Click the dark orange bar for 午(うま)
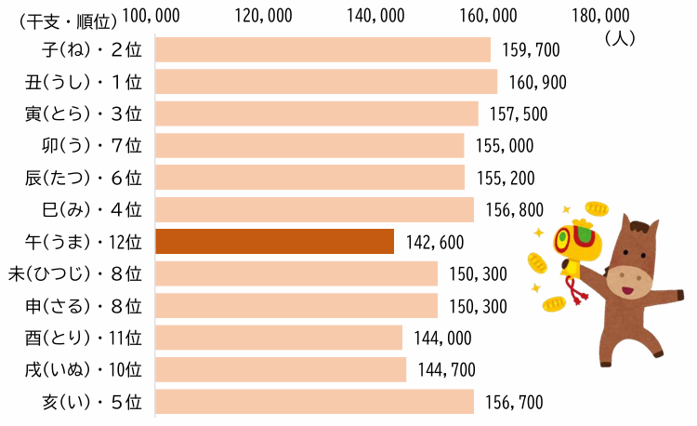coord(274,242)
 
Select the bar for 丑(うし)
coord(325,82)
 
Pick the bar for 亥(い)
coord(314,402)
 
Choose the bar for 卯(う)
coord(309,145)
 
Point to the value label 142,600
coord(435,242)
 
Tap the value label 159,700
coord(532,49)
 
